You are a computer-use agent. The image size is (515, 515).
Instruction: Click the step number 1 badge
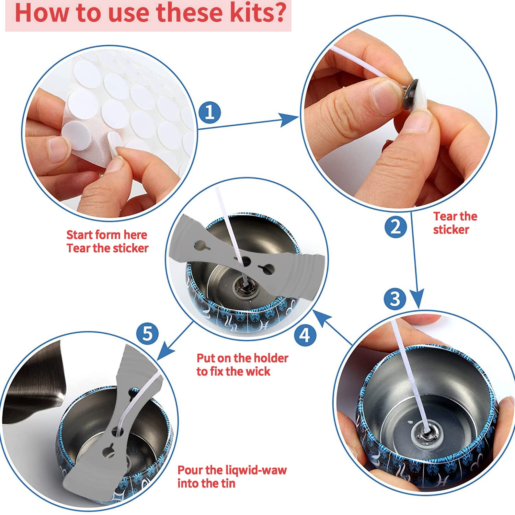[209, 112]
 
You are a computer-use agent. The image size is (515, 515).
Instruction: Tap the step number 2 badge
[396, 227]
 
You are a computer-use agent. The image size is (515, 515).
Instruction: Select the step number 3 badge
[395, 298]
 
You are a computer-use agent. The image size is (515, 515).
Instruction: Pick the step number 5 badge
[147, 333]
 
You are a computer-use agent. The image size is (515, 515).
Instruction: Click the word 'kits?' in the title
[258, 12]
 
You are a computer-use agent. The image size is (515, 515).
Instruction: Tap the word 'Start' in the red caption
[80, 235]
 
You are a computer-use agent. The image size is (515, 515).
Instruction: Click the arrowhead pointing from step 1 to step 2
[289, 119]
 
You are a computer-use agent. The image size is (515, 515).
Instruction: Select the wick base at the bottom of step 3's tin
[427, 433]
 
